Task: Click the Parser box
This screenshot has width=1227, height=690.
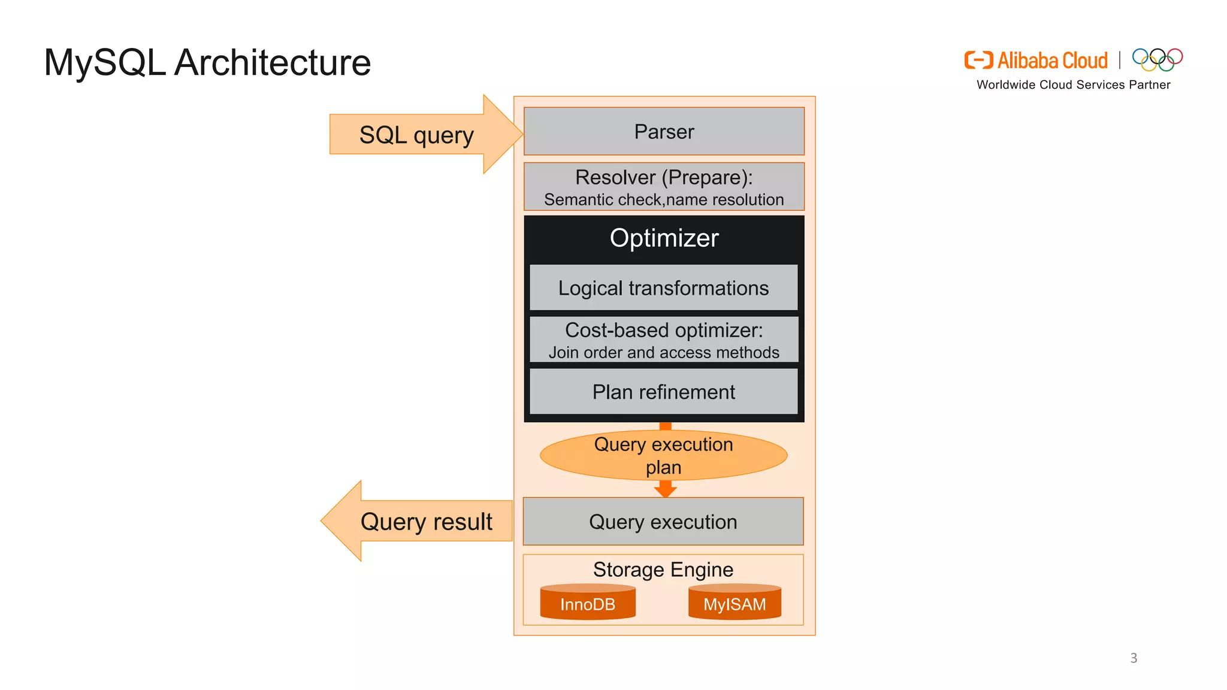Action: point(664,131)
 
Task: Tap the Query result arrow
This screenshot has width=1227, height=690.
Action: point(419,521)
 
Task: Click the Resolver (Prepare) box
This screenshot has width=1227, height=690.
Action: point(664,187)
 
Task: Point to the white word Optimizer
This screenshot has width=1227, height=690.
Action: point(664,238)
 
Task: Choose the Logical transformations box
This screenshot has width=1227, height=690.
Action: point(664,288)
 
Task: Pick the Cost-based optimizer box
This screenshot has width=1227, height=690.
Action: point(664,340)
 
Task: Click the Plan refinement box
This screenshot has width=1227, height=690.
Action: point(664,392)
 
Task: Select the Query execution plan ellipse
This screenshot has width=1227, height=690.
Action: point(664,455)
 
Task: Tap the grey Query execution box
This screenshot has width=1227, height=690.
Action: point(663,522)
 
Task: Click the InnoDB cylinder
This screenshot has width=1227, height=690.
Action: point(588,603)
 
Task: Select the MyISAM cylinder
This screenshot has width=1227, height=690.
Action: point(735,603)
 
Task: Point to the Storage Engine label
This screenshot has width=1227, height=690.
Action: point(663,570)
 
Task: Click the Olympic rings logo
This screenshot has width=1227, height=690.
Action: point(1157,59)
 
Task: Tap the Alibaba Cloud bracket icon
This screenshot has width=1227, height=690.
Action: point(978,60)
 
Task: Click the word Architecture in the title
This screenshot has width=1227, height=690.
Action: point(273,62)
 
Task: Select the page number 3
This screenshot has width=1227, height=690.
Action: point(1134,658)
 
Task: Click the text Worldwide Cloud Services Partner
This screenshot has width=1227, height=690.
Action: point(1073,85)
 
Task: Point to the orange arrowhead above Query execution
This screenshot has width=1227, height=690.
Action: point(665,491)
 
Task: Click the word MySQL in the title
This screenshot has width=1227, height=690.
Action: point(105,62)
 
